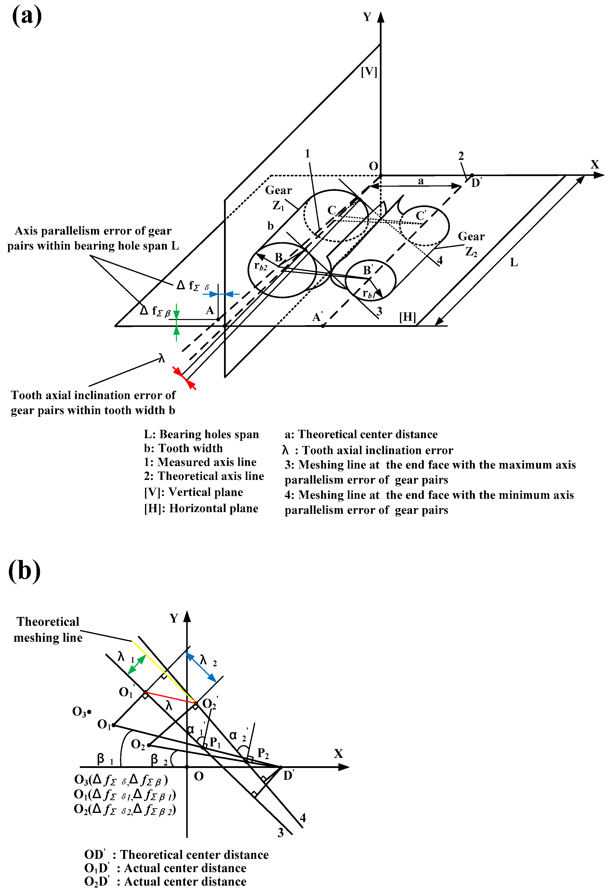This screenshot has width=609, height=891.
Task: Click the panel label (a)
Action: (27, 16)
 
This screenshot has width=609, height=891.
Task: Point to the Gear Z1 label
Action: (278, 197)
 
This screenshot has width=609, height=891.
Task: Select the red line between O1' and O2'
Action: (171, 698)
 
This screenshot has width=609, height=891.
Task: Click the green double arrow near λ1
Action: (137, 665)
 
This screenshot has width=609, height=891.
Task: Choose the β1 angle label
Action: (104, 758)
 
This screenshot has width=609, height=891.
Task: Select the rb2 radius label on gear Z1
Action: (260, 266)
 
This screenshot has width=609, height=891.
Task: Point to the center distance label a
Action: (421, 181)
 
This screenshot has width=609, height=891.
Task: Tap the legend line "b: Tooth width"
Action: (183, 448)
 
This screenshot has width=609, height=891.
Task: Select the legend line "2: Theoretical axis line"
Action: (204, 476)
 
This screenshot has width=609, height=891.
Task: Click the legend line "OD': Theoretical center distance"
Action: (176, 855)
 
